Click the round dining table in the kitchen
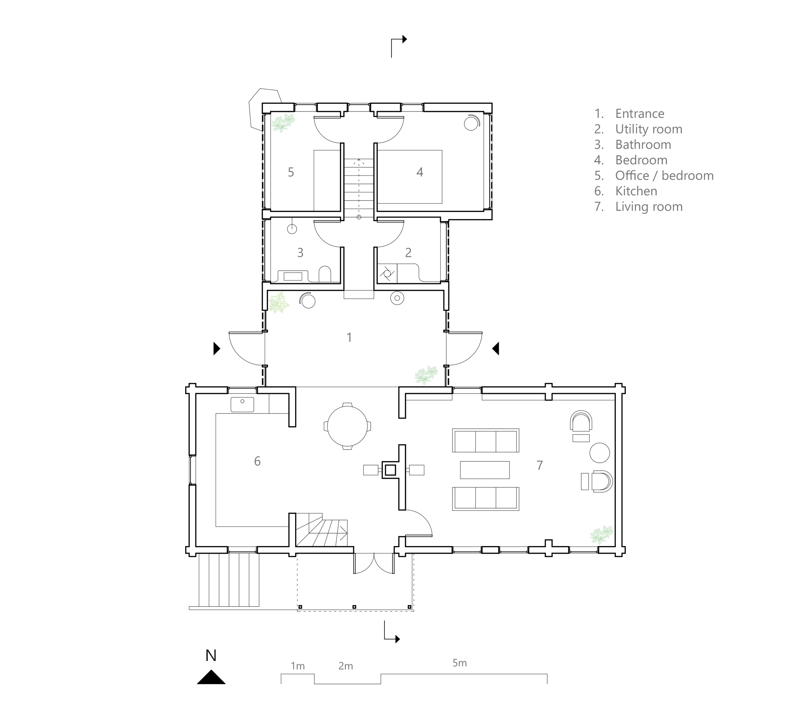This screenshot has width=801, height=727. pyautogui.click(x=347, y=426)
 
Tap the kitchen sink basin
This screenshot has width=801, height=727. pyautogui.click(x=242, y=404)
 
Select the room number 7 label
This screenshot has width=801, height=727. pyautogui.click(x=540, y=465)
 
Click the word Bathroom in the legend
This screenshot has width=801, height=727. pyautogui.click(x=643, y=144)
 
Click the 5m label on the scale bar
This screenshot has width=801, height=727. pyautogui.click(x=459, y=663)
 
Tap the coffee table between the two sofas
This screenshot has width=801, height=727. pyautogui.click(x=485, y=470)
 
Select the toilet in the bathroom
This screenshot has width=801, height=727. pyautogui.click(x=325, y=274)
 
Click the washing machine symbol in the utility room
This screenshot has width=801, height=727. pyautogui.click(x=387, y=274)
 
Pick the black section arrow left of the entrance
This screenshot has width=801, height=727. pyautogui.click(x=217, y=349)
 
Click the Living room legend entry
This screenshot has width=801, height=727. pyautogui.click(x=649, y=207)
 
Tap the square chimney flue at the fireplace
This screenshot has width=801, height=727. pyautogui.click(x=391, y=470)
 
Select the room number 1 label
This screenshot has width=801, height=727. pyautogui.click(x=349, y=338)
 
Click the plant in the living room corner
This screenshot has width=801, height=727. pyautogui.click(x=601, y=535)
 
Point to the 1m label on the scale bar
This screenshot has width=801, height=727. pyautogui.click(x=298, y=666)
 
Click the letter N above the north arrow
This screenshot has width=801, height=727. pyautogui.click(x=211, y=656)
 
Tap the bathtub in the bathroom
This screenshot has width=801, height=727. pyautogui.click(x=293, y=276)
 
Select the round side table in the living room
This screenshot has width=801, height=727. pyautogui.click(x=599, y=453)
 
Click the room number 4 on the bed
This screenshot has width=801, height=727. pyautogui.click(x=420, y=172)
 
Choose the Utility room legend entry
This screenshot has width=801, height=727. pyautogui.click(x=649, y=129)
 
